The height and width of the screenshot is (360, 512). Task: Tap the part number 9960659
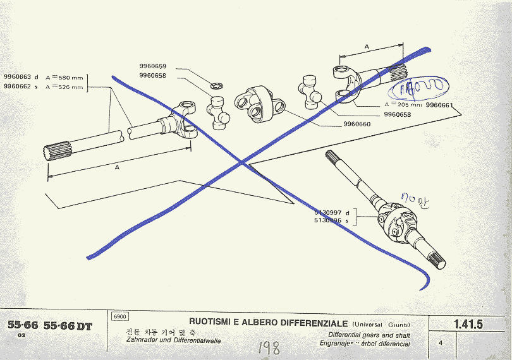coord(153,66)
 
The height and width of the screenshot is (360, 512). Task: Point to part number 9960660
coord(357,124)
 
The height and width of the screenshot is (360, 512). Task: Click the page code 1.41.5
coord(468,325)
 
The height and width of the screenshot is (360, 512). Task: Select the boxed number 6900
coord(119,316)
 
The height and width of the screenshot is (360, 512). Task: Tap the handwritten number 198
coord(269,347)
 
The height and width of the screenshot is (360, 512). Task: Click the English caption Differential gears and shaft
coord(369,335)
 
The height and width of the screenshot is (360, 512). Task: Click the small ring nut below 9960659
coord(215,85)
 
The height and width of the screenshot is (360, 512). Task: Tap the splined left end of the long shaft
coord(56,153)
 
